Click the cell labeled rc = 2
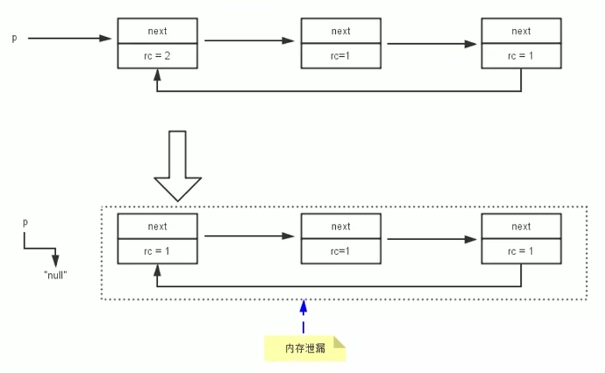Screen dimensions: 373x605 point(157,56)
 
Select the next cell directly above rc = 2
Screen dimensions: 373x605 point(157,31)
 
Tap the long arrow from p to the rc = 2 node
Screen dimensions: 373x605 point(69,39)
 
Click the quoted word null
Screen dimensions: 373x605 point(55,274)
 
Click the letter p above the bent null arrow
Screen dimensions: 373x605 point(26,222)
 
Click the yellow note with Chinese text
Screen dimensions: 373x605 point(304,348)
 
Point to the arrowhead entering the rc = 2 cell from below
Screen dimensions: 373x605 point(157,74)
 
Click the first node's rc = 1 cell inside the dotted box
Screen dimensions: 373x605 point(157,251)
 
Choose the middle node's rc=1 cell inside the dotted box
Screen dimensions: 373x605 point(341,251)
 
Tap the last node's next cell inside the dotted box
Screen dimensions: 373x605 point(521,227)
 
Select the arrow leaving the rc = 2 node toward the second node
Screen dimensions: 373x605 point(248,41)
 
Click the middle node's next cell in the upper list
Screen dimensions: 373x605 point(341,31)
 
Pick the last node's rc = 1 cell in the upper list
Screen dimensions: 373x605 point(521,56)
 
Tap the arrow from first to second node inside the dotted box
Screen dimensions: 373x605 point(248,236)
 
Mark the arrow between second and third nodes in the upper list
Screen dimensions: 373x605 point(431,44)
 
